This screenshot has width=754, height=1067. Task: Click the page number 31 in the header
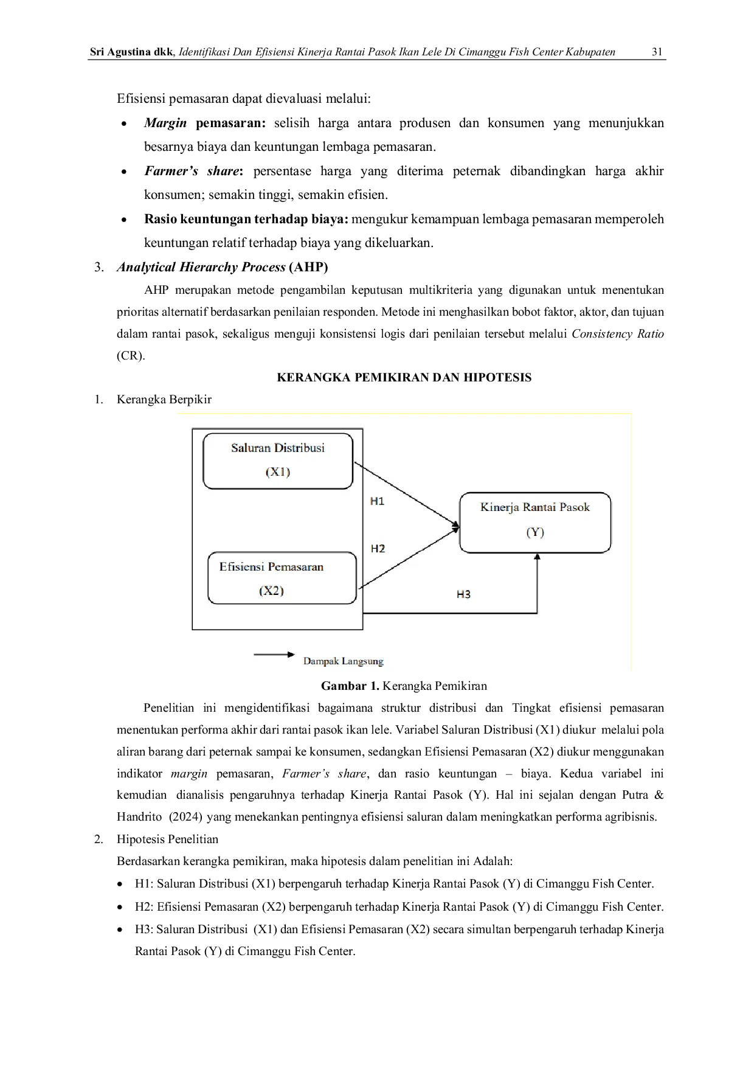[657, 52]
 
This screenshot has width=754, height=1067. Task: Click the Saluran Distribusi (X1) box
[278, 461]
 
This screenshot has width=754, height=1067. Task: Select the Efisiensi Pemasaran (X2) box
[282, 578]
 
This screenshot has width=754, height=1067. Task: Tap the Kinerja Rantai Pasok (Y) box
[535, 523]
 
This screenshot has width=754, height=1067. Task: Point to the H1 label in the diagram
[377, 501]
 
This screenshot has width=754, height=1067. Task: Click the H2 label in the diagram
[378, 549]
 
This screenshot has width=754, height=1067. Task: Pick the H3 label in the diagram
[463, 594]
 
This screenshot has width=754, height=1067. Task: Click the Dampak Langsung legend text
[344, 661]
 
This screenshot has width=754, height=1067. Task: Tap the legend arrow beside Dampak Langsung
[274, 655]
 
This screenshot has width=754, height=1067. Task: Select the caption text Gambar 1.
[350, 686]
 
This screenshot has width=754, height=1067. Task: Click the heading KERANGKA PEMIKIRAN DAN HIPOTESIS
[404, 378]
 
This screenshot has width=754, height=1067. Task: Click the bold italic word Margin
[165, 123]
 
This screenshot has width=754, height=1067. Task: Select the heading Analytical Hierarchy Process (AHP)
[223, 267]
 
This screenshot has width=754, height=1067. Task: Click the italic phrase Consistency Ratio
[618, 334]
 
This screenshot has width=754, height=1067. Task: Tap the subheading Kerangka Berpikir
[164, 400]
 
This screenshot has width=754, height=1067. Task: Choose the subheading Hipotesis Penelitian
[167, 839]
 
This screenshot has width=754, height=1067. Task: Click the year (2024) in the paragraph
[185, 817]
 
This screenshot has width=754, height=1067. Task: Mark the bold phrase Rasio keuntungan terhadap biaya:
[246, 219]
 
